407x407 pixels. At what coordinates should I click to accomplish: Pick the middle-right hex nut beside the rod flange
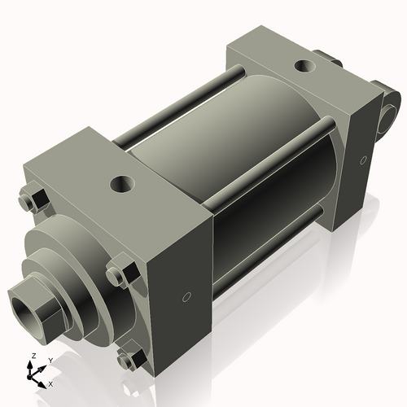[120, 270]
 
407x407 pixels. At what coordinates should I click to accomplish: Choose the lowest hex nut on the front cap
[129, 358]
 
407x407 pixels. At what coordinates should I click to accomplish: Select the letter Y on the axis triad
[50, 360]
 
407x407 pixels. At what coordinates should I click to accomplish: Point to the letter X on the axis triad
[51, 383]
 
